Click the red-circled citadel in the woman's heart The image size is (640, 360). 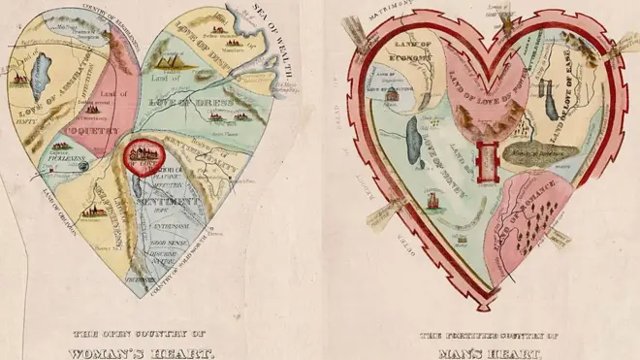pyautogui.click(x=143, y=156)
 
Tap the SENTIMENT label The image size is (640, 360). pyautogui.click(x=176, y=201)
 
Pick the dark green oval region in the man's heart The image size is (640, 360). pyautogui.click(x=539, y=151)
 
